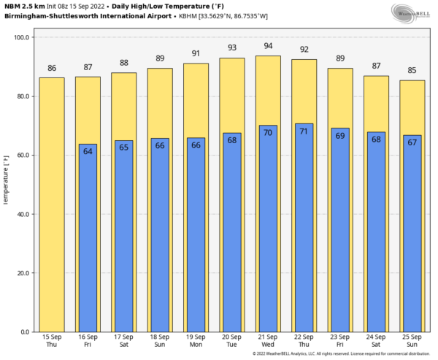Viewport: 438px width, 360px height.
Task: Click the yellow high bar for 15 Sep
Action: click(x=52, y=204)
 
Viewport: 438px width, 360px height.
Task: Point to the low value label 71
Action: click(x=304, y=131)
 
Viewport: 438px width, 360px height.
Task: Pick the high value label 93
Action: click(x=232, y=47)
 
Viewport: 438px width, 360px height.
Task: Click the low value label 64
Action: click(x=88, y=151)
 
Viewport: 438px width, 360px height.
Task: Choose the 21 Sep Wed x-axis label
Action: click(x=268, y=341)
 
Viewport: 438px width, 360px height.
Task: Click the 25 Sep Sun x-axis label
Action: click(x=412, y=341)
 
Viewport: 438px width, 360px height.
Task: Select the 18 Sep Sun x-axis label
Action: click(x=160, y=341)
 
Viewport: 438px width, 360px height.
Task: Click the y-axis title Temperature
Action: click(x=6, y=183)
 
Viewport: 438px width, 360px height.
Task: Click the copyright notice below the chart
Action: click(x=342, y=354)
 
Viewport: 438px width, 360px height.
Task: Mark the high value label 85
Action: click(x=412, y=71)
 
